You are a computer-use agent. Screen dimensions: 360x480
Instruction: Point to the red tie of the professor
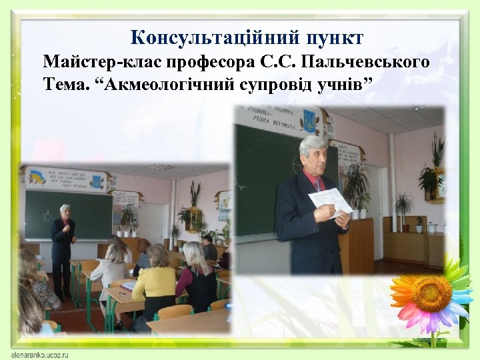pyautogui.click(x=319, y=184)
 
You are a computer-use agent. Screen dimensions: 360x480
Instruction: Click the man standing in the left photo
pyautogui.click(x=63, y=247)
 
